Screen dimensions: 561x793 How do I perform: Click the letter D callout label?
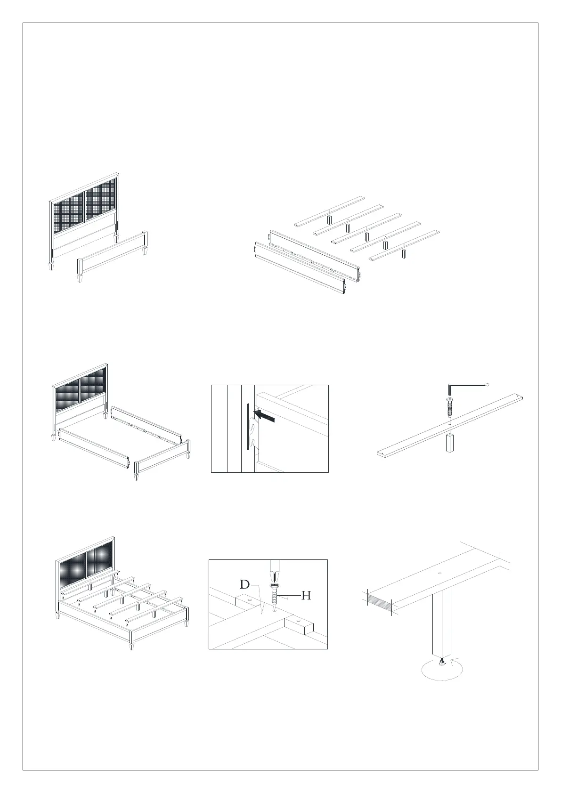pyautogui.click(x=244, y=585)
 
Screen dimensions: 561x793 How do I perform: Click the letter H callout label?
pyautogui.click(x=306, y=596)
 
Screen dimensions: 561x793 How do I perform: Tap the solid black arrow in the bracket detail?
pyautogui.click(x=264, y=416)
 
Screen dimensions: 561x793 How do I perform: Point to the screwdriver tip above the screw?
pyautogui.click(x=273, y=576)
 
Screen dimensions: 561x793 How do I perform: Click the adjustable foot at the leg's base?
pyautogui.click(x=441, y=663)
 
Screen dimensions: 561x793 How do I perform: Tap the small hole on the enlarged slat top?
pyautogui.click(x=439, y=573)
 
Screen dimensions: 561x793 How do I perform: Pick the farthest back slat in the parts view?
pyautogui.click(x=330, y=211)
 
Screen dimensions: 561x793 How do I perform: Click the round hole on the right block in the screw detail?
pyautogui.click(x=298, y=621)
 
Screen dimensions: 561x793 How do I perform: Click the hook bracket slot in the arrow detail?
pyautogui.click(x=253, y=429)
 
